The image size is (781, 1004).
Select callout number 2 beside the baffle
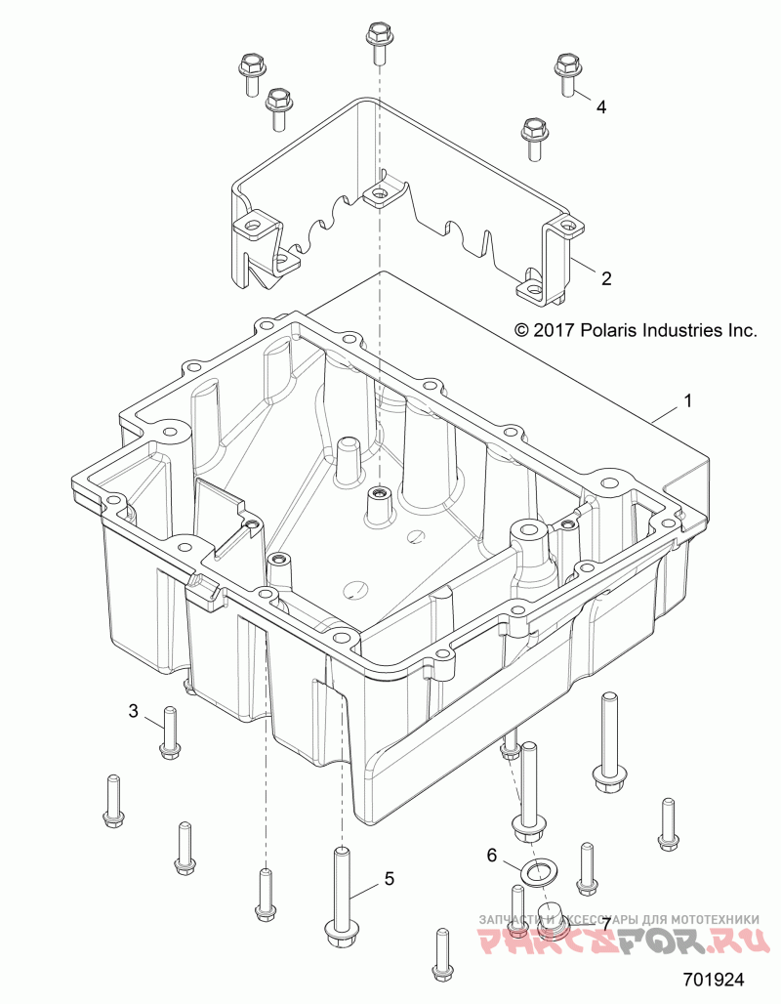click(606, 278)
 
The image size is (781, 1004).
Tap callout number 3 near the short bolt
click(134, 711)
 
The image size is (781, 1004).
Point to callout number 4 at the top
click(601, 106)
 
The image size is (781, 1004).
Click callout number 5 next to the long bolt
click(389, 879)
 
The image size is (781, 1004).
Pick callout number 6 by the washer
click(492, 855)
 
